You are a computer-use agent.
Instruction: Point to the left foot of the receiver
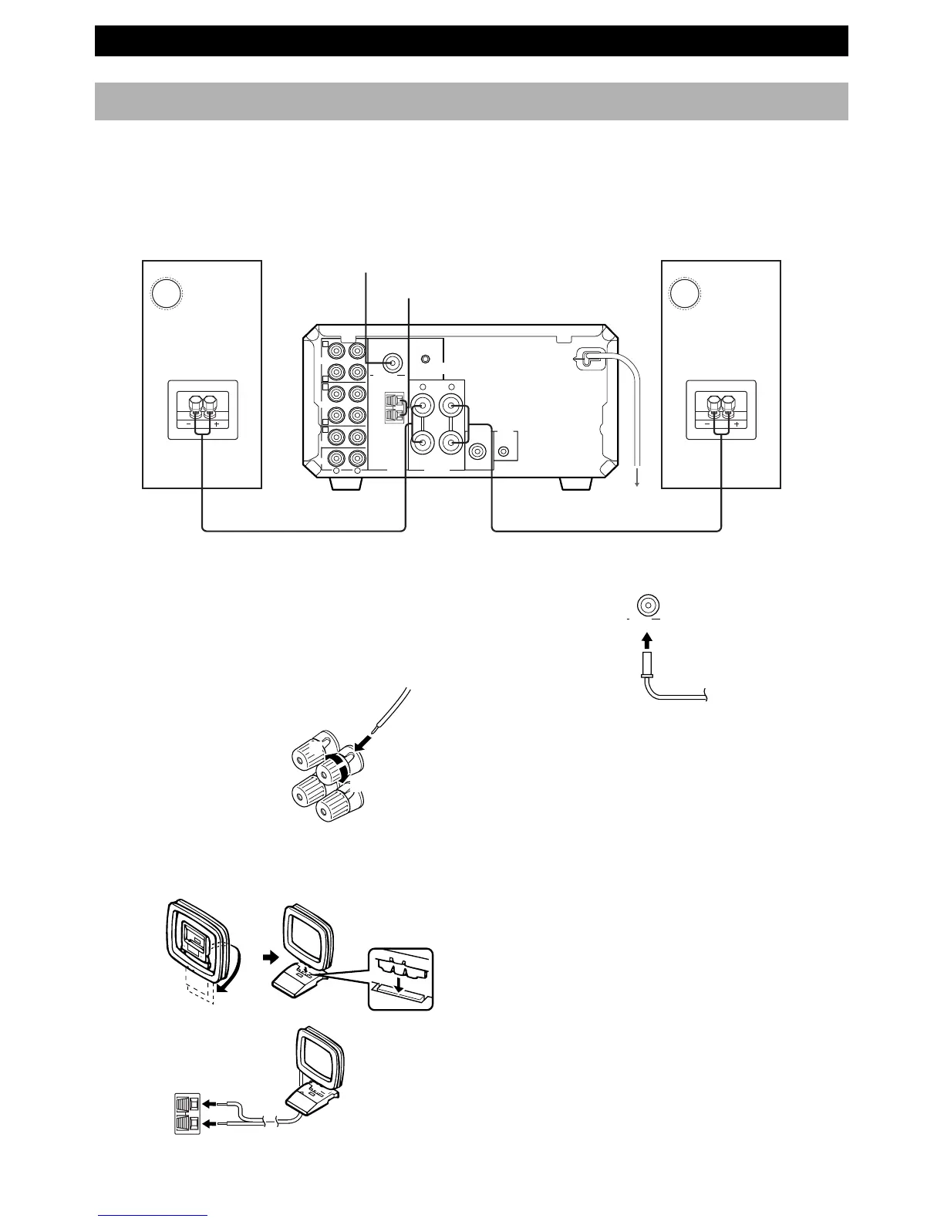point(346,484)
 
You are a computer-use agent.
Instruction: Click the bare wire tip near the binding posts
point(376,728)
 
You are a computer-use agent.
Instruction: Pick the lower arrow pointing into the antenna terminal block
point(211,1126)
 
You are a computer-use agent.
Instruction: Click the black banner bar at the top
point(471,41)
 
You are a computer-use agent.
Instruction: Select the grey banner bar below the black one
point(471,101)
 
